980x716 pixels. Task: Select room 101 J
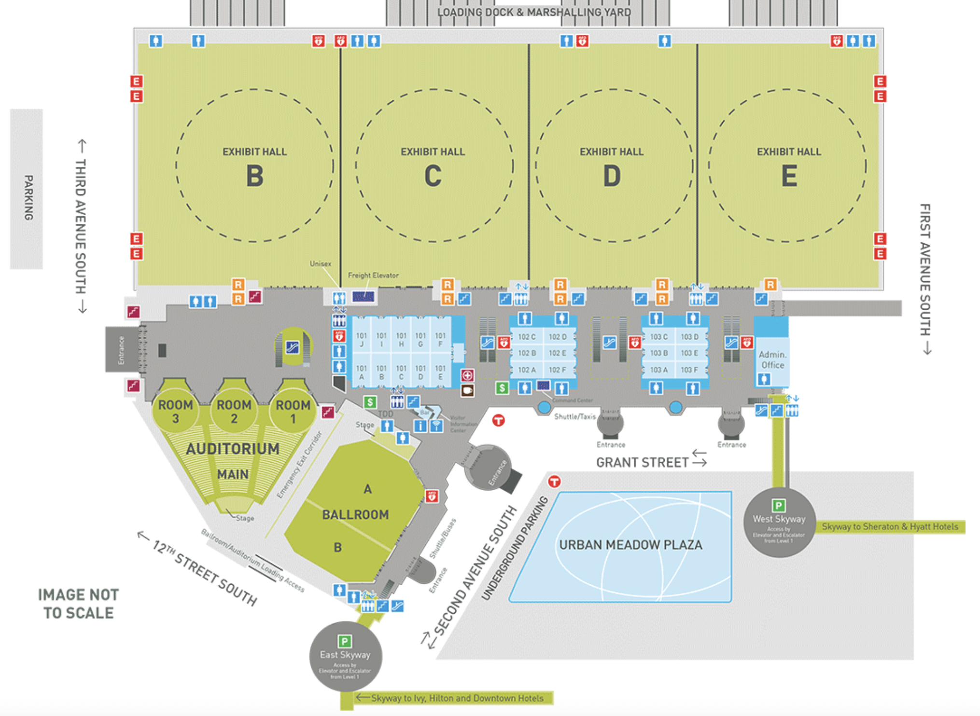click(x=361, y=340)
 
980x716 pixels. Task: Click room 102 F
click(x=557, y=370)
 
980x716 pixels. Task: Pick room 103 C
click(x=658, y=337)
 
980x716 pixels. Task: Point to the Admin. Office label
click(x=772, y=360)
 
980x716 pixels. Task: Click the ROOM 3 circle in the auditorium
click(x=175, y=411)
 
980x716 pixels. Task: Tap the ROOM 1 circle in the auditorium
click(x=293, y=411)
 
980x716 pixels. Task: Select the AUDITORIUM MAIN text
click(x=233, y=461)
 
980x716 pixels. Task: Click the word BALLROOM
click(x=355, y=515)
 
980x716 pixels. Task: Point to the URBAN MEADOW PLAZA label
click(x=630, y=545)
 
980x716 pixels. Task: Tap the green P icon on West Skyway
click(x=778, y=506)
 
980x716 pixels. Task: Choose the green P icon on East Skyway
click(x=344, y=641)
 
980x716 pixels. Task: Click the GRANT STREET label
click(x=642, y=463)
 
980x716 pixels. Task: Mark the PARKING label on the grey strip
click(x=28, y=197)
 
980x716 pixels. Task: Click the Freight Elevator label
click(x=373, y=275)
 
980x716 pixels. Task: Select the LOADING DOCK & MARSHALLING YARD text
click(x=534, y=12)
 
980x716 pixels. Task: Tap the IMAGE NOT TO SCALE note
click(x=78, y=604)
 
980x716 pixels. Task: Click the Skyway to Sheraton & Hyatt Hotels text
click(x=890, y=527)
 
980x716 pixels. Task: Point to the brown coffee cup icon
click(x=467, y=390)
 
